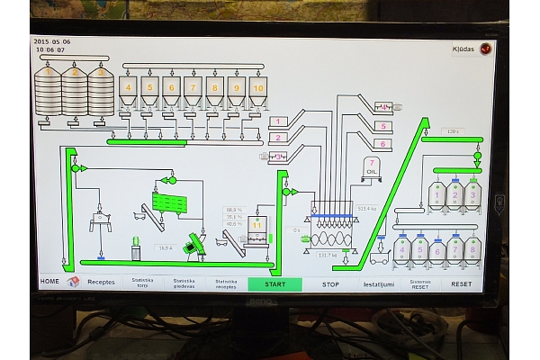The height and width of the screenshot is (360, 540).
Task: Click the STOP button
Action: [x=330, y=283]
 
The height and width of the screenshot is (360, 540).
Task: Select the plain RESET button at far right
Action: [x=461, y=283]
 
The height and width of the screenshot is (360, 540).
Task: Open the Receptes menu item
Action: [x=101, y=282]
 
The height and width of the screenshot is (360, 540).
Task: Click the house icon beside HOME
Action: [x=73, y=281]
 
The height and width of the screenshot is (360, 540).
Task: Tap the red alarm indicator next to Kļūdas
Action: [x=486, y=49]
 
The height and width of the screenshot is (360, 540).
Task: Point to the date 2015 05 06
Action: [x=51, y=41]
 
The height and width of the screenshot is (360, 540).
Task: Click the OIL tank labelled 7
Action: [x=372, y=166]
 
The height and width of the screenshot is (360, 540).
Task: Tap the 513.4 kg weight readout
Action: [x=366, y=209]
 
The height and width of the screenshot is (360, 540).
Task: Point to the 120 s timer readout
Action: [x=452, y=131]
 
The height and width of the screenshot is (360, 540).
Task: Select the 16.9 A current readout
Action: [x=166, y=247]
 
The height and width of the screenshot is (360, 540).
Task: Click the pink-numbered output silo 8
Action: [x=473, y=249]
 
